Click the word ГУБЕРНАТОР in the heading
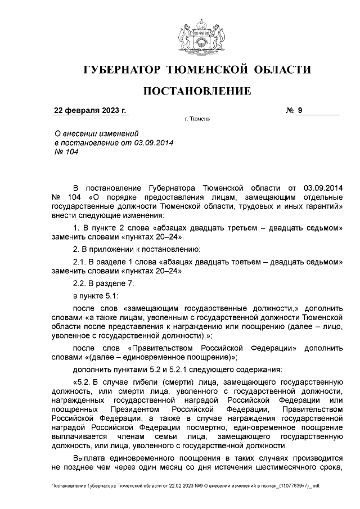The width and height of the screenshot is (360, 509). click(120, 70)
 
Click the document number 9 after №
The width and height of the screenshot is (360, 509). click(300, 110)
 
